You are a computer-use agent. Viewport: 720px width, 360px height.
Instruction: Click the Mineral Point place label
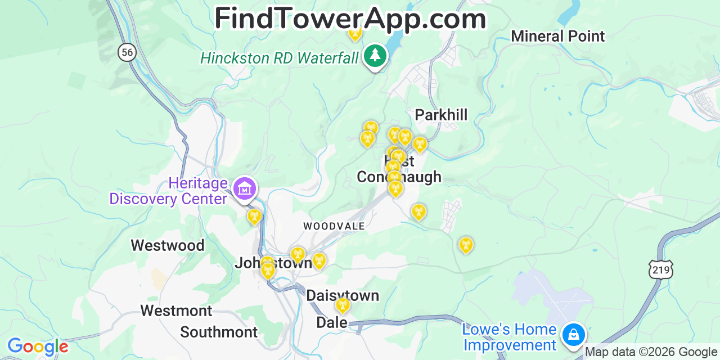pos(557,37)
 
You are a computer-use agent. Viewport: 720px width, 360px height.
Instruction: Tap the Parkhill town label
pos(441,115)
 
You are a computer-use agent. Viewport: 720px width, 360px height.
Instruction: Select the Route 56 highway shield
pos(128,53)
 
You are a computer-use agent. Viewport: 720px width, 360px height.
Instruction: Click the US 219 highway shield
pos(660,269)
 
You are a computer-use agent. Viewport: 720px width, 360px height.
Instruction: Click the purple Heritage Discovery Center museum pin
pos(245,188)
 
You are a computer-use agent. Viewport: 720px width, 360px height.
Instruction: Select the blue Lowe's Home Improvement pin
pos(573,334)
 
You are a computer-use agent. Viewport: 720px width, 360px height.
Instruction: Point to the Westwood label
pos(168,245)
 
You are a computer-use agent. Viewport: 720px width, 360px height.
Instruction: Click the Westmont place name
pos(176,310)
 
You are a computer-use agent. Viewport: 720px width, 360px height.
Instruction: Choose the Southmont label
pos(219,332)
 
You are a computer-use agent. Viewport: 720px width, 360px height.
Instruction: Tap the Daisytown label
pos(343,295)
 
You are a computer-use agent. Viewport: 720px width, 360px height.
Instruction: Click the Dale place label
pos(332,322)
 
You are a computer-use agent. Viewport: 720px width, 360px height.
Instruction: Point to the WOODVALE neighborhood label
pos(334,226)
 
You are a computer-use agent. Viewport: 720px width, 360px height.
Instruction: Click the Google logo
pos(37,347)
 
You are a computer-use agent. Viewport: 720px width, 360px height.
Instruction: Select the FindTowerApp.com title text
pos(350,19)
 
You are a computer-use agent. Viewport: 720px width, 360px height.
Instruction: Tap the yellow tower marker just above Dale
pos(342,305)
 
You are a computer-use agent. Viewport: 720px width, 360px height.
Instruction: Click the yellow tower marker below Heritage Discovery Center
pos(254,216)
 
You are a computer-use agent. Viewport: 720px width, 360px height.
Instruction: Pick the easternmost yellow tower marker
pos(465,245)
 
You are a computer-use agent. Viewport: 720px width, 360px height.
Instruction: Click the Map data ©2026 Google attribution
pos(651,352)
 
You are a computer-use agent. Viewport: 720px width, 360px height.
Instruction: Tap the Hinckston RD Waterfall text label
pos(280,57)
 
